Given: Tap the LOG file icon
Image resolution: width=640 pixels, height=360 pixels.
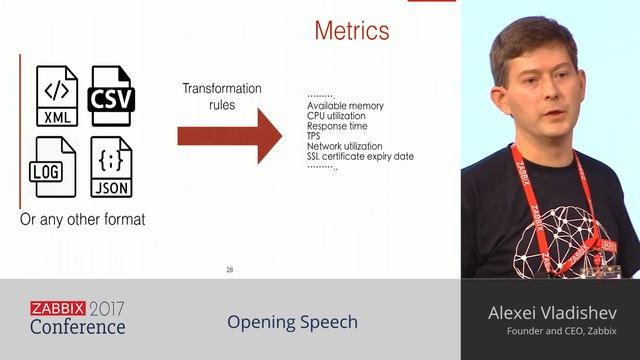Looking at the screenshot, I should (x=56, y=166).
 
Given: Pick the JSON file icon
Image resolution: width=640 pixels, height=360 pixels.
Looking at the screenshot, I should (x=111, y=166).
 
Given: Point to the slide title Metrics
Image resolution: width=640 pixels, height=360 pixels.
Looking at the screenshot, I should (x=351, y=31).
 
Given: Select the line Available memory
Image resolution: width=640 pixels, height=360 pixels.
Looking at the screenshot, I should (x=345, y=106).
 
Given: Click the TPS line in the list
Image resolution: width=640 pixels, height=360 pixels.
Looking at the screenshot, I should (x=315, y=136).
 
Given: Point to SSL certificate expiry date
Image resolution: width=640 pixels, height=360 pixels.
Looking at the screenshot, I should (x=360, y=156).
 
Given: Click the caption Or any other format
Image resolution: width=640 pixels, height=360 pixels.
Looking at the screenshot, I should (x=83, y=218).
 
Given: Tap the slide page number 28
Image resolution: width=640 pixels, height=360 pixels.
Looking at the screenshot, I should (x=230, y=270).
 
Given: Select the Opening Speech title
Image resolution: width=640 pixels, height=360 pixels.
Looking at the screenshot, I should (x=292, y=322).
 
